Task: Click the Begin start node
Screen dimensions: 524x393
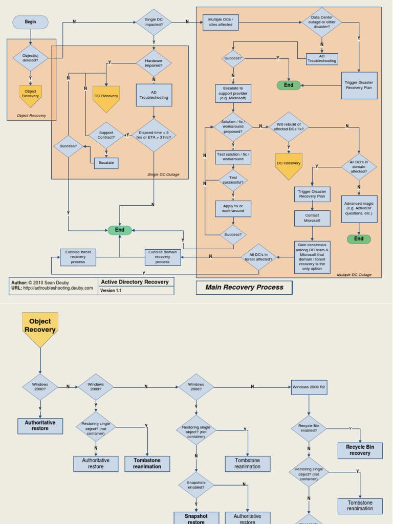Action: click(x=30, y=22)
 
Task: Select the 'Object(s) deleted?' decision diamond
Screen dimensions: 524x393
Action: click(x=30, y=57)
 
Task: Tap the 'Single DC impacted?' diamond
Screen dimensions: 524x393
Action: click(x=154, y=22)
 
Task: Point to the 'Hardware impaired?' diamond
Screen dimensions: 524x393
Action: click(x=154, y=63)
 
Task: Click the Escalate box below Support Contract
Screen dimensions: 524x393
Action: click(x=106, y=163)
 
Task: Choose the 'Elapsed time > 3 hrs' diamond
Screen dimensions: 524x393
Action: click(x=154, y=135)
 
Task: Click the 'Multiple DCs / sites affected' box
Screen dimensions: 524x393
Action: click(x=220, y=22)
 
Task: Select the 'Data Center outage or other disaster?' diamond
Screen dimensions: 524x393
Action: click(x=322, y=22)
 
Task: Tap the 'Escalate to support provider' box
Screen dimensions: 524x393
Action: click(x=233, y=94)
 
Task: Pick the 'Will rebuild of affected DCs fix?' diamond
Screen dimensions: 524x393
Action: click(x=289, y=126)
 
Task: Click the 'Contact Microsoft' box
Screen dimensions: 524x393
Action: click(x=312, y=218)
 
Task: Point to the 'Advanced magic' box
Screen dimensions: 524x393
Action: click(x=359, y=208)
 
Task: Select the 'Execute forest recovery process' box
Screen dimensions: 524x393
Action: click(x=78, y=257)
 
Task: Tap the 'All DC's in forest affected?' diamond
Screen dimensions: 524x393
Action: click(x=259, y=257)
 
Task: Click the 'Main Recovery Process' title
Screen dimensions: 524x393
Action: click(x=244, y=288)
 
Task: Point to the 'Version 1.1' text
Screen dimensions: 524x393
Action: click(x=112, y=291)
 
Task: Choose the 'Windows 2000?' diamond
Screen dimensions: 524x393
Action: click(x=40, y=387)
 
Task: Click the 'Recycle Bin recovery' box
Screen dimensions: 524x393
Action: click(x=360, y=450)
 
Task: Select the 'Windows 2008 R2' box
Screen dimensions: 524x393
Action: click(x=309, y=387)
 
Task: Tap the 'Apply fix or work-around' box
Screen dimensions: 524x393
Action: click(x=233, y=208)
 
